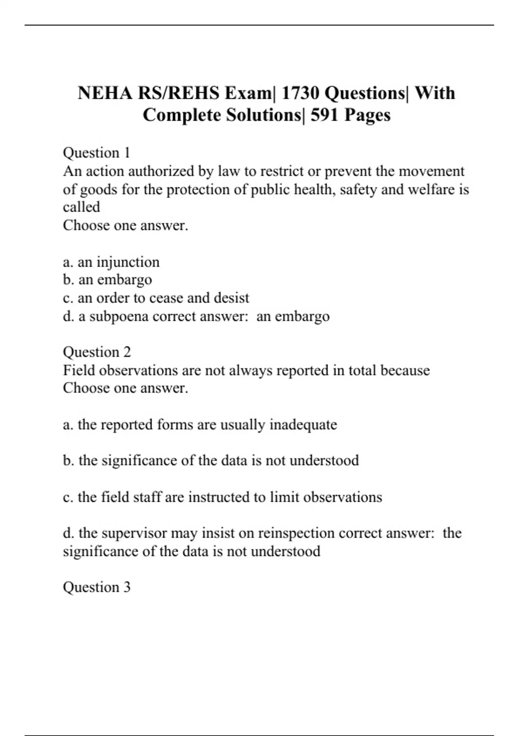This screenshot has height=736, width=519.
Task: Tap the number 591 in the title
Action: (x=324, y=115)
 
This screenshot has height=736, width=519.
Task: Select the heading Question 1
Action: (x=96, y=153)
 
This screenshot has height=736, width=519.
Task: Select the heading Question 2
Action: (x=96, y=352)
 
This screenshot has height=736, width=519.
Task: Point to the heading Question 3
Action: (x=96, y=587)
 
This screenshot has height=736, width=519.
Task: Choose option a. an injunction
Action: (x=111, y=262)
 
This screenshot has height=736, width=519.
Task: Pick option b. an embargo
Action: (x=107, y=280)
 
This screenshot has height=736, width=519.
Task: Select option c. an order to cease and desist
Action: (x=156, y=298)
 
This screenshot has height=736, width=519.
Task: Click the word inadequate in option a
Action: (x=303, y=425)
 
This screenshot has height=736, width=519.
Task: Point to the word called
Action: (x=81, y=207)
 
